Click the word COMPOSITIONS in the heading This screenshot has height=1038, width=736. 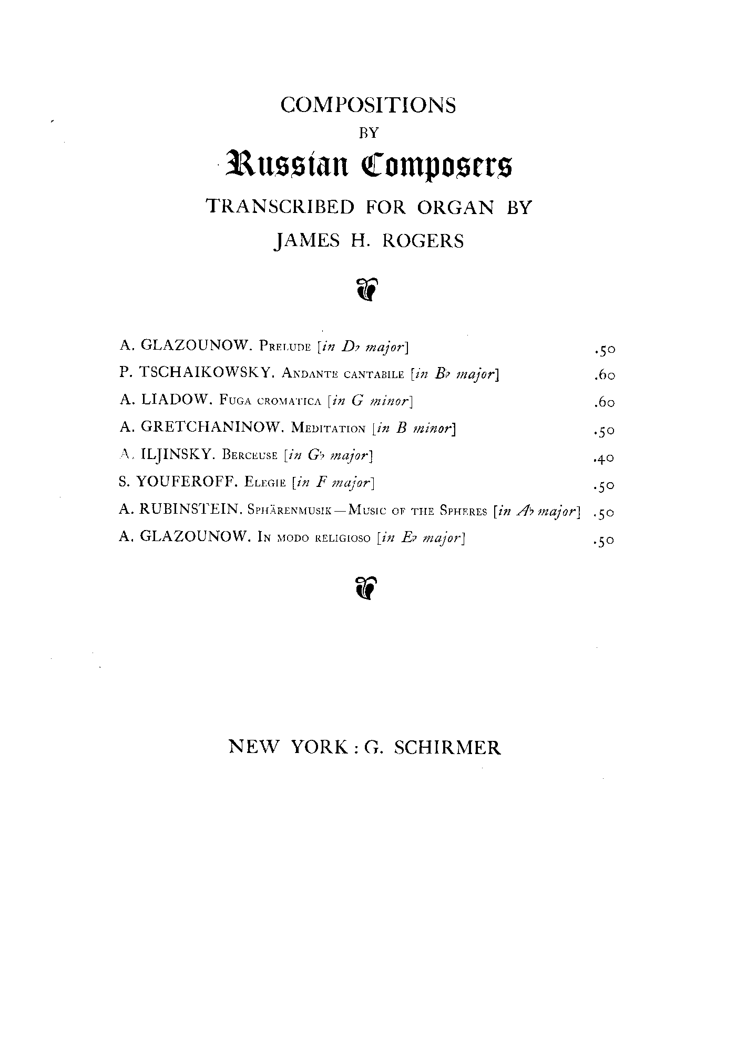(368, 105)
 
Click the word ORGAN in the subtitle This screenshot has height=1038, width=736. (456, 207)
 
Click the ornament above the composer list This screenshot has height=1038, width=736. (367, 289)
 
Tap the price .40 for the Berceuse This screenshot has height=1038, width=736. (603, 458)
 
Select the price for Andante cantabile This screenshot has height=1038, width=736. (603, 375)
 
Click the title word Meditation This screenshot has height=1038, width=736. (328, 428)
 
